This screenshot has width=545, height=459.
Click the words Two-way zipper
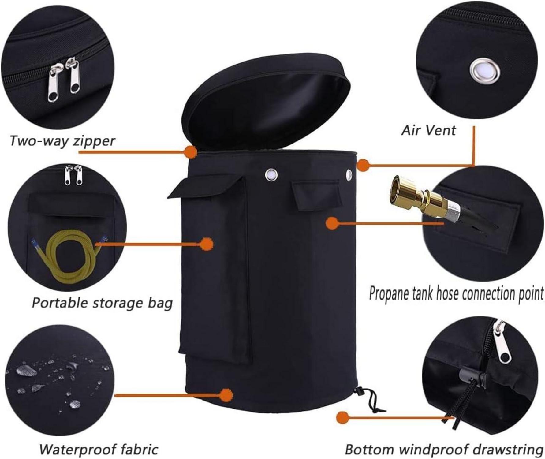click(62, 141)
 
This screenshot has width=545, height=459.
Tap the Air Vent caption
click(428, 130)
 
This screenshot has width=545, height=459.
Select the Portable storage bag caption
click(102, 303)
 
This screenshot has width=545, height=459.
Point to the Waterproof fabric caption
click(99, 449)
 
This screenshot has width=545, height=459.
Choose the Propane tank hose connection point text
click(456, 294)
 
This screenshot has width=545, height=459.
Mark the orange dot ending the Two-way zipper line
click(190, 152)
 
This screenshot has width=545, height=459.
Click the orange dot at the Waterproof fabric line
click(226, 395)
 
